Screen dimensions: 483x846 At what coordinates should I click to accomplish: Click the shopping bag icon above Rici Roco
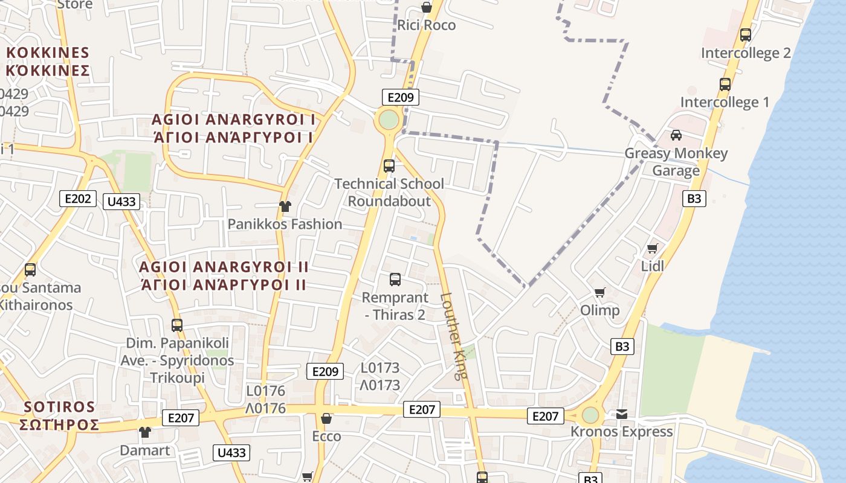[427, 7]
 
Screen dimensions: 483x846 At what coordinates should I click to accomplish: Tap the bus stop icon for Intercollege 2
[746, 35]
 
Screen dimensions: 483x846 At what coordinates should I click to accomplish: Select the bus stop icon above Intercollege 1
[725, 85]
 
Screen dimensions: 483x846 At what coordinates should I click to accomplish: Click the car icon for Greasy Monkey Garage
[676, 135]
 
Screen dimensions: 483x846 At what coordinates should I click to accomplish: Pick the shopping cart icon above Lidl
[652, 248]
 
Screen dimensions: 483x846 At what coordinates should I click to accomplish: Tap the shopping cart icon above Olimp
[600, 293]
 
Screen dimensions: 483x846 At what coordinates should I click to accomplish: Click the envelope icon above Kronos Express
[622, 414]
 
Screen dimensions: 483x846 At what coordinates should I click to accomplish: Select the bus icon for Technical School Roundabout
[389, 165]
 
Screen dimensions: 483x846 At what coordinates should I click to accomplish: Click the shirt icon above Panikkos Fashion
[285, 206]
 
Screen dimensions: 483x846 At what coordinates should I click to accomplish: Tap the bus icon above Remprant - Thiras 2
[395, 280]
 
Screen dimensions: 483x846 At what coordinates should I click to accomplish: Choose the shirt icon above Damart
[145, 432]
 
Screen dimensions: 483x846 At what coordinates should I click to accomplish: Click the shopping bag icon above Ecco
[326, 418]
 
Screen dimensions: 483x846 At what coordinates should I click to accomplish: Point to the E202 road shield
[79, 198]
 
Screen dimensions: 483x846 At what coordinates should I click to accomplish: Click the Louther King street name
[454, 336]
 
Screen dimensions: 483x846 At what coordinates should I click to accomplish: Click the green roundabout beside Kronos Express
[590, 415]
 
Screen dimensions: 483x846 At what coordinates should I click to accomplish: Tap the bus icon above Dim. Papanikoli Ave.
[177, 325]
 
